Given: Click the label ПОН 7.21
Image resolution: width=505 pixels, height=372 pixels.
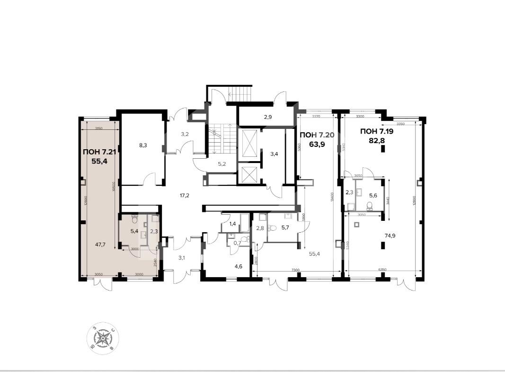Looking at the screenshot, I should (99, 152).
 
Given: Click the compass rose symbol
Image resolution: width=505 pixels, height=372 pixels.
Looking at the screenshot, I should (103, 338).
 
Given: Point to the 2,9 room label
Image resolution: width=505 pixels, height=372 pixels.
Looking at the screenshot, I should (268, 116).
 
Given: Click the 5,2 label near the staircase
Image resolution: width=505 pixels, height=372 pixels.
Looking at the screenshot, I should (222, 164).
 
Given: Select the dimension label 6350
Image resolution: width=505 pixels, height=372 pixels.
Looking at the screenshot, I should (383, 269).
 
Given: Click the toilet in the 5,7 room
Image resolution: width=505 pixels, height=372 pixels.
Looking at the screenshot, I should (272, 227).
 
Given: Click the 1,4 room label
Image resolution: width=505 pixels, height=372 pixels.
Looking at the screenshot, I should (232, 223).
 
